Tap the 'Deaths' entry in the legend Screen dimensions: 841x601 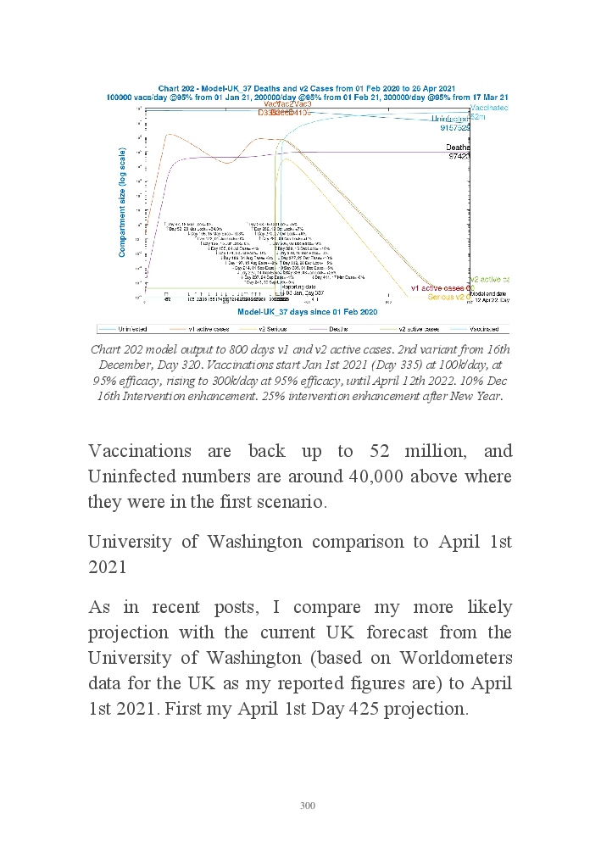point(339,328)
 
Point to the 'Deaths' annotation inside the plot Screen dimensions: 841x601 point(459,148)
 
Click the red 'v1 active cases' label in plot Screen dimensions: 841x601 point(439,288)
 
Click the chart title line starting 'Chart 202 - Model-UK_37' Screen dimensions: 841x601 point(306,88)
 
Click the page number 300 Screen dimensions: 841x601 point(308,805)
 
